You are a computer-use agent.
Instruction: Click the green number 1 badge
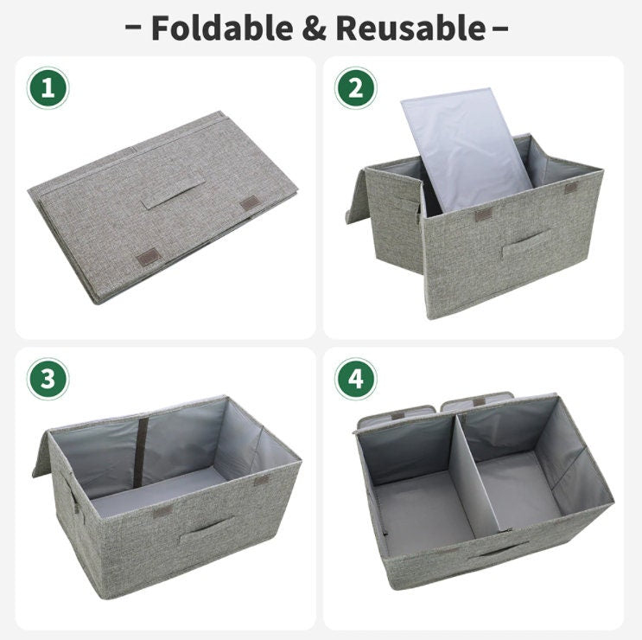(x=48, y=88)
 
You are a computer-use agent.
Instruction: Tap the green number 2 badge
(x=355, y=88)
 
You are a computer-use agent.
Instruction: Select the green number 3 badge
(x=48, y=379)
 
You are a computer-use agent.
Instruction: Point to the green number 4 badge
(x=355, y=379)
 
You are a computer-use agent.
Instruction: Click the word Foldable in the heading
(x=222, y=28)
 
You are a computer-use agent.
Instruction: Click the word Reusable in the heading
(x=411, y=28)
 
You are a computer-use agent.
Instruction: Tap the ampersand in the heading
(x=315, y=29)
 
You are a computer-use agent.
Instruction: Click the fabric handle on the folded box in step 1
(x=173, y=195)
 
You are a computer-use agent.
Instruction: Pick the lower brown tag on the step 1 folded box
(x=148, y=258)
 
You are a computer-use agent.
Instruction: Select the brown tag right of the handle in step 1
(x=250, y=203)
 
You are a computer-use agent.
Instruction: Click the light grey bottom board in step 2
(x=467, y=149)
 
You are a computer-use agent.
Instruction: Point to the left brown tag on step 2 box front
(x=483, y=215)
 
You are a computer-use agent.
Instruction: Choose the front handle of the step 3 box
(x=206, y=531)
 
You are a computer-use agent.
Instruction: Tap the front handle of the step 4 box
(x=498, y=550)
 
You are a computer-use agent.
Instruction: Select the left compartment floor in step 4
(x=423, y=512)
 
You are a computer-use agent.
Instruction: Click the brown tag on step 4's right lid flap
(x=480, y=402)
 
